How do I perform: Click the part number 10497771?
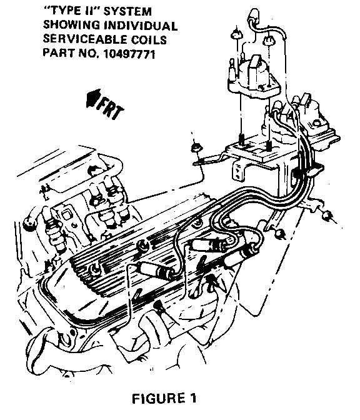coord(129,54)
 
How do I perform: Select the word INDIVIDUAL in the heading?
coord(141,26)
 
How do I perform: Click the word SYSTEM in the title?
coord(127,11)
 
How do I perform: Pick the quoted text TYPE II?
coord(71,11)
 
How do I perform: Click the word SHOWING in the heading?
coord(71,26)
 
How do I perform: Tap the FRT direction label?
coord(111,107)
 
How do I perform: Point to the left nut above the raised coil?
coord(236,35)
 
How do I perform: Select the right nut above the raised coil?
coord(268,40)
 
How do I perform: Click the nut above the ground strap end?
coord(196,147)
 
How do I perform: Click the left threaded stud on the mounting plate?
coord(242,139)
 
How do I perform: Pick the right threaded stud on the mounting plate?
coord(269,145)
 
